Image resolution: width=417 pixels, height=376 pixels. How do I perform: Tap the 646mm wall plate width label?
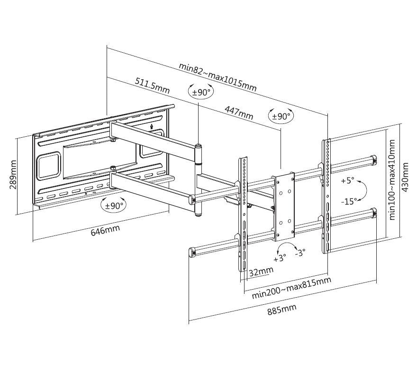(x=105, y=231)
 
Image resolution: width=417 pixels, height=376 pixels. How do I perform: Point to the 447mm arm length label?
(x=238, y=113)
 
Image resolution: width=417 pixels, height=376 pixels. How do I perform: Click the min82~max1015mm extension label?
(x=218, y=76)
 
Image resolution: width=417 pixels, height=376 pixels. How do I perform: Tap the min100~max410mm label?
(x=391, y=176)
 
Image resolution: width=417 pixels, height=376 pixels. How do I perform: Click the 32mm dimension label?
(x=261, y=271)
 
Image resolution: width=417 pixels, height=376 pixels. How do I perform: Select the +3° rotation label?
(x=280, y=259)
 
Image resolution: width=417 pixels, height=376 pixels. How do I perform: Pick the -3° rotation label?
(x=299, y=253)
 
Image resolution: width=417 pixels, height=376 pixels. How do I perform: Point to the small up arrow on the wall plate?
(x=151, y=126)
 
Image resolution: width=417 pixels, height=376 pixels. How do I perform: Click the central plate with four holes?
(x=283, y=207)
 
